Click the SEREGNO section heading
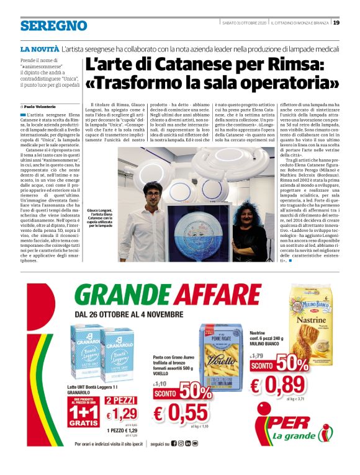[53, 25]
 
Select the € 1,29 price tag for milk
[122, 414]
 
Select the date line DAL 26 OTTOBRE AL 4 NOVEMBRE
[125, 315]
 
